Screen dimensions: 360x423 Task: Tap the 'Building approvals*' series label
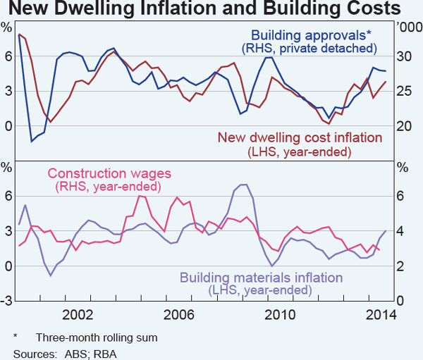311,35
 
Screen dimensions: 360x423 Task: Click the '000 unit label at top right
407,27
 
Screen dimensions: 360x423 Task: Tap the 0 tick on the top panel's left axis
8,126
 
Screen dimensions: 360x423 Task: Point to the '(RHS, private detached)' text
309,49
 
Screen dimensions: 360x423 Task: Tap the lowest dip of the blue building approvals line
31,142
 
